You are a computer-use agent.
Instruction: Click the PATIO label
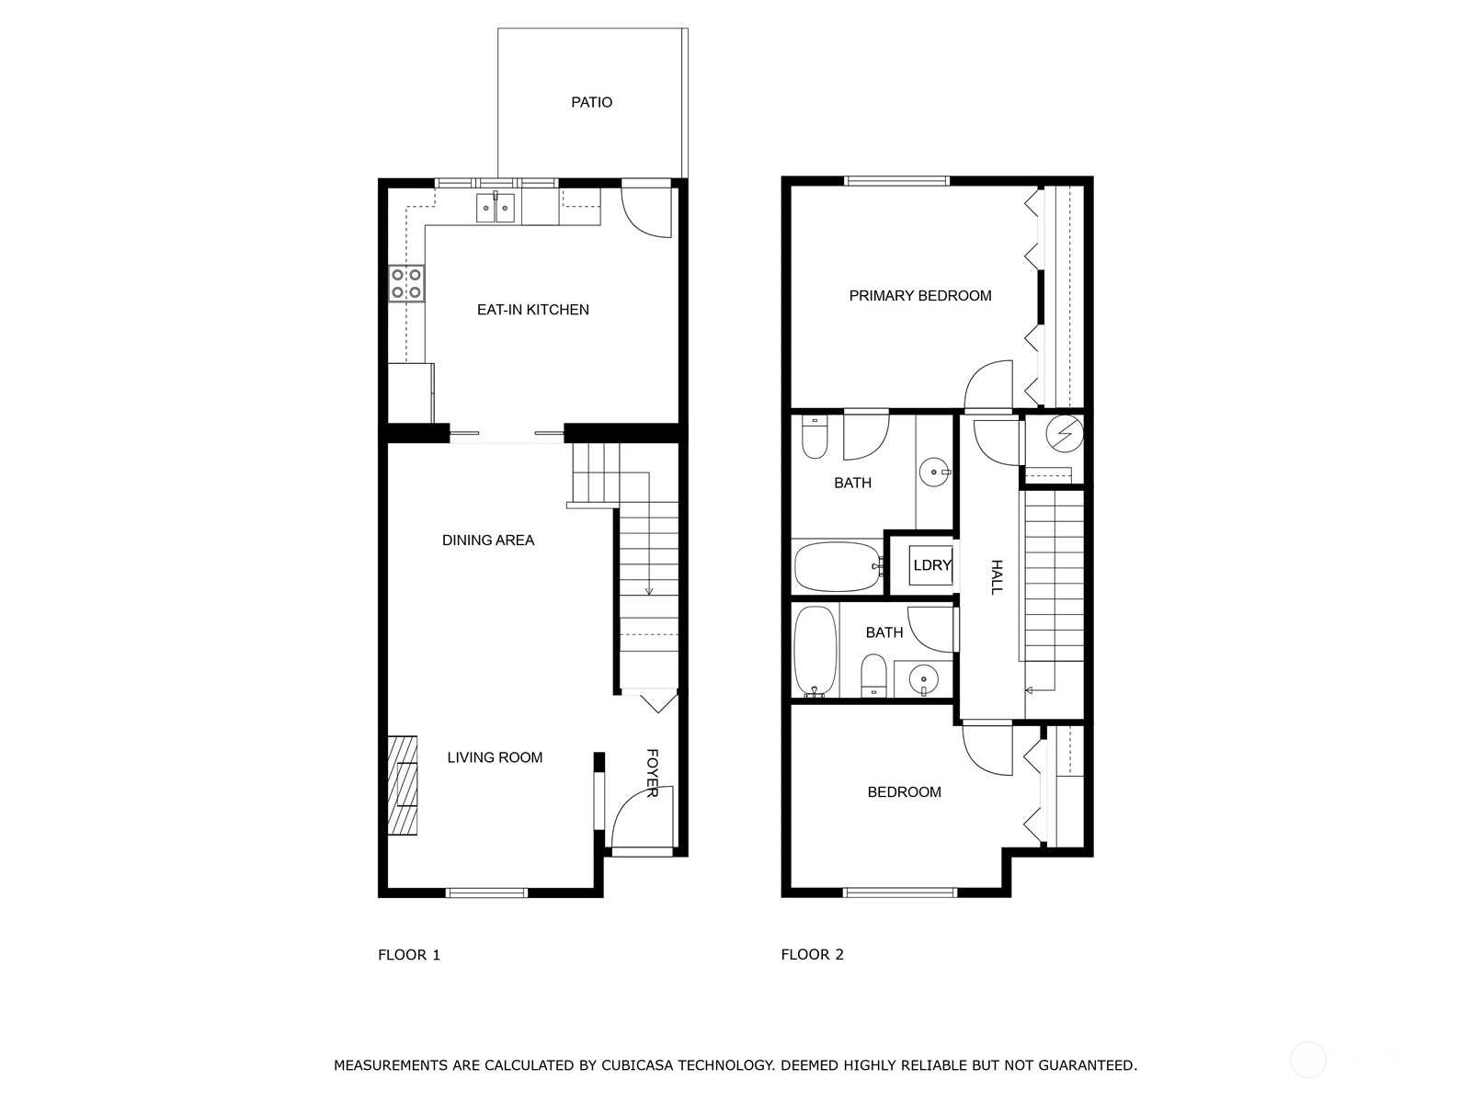tap(591, 102)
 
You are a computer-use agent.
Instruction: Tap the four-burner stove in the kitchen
tap(406, 284)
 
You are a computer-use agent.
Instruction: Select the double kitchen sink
tap(496, 208)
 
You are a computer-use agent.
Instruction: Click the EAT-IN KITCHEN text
tap(532, 310)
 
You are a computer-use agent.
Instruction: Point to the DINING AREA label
tap(488, 540)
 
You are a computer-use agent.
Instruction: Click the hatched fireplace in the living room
tap(402, 786)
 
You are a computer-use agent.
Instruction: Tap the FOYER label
tap(652, 774)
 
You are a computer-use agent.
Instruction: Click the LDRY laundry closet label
tap(931, 565)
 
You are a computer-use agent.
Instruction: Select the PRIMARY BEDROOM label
tap(920, 296)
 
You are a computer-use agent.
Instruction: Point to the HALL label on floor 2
tap(997, 576)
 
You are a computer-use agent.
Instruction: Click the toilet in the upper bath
tap(815, 437)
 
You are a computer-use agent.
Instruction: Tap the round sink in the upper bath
tap(934, 472)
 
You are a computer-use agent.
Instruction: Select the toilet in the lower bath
tap(873, 676)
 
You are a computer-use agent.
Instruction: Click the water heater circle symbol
tap(1065, 434)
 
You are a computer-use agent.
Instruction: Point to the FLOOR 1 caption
tap(409, 955)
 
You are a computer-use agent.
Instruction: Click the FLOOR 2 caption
tap(812, 954)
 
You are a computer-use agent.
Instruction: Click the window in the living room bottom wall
tap(486, 892)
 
